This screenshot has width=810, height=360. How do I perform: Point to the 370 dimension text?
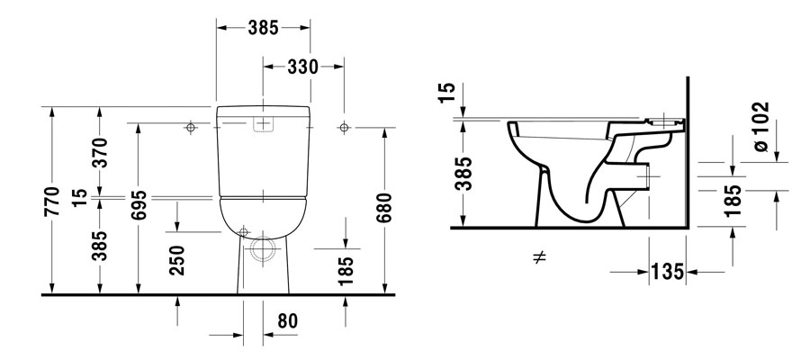101,153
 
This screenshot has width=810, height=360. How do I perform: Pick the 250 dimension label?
178,260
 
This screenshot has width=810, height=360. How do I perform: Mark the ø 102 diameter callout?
760,126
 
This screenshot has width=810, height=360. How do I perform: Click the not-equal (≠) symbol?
540,258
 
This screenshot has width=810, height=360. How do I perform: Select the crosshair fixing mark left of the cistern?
190,128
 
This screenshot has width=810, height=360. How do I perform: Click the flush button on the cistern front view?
263,124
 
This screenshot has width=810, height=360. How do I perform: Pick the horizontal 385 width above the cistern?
263,27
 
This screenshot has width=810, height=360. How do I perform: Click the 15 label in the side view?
463,92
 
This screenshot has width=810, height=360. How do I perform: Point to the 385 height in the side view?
463,172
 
